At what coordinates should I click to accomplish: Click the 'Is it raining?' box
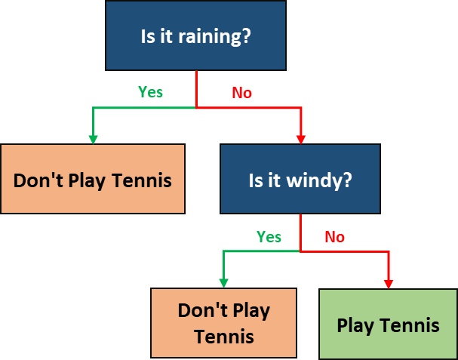point(195,36)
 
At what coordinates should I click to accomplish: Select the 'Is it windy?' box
point(300,180)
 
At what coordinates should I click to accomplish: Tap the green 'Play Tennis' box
point(388,324)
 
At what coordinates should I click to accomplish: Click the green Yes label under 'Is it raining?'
point(150,92)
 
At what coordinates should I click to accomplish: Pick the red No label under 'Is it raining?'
point(241,93)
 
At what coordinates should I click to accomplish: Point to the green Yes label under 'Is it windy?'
point(269,237)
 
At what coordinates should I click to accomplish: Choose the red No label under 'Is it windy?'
point(334,237)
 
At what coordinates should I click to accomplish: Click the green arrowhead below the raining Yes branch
point(93,138)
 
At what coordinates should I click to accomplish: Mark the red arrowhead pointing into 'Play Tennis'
point(389,283)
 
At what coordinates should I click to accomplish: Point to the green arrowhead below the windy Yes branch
point(223,282)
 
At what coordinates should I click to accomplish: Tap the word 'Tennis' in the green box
point(410,325)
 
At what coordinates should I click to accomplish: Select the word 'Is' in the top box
point(148,36)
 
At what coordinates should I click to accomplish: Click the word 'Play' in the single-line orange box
point(87,181)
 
